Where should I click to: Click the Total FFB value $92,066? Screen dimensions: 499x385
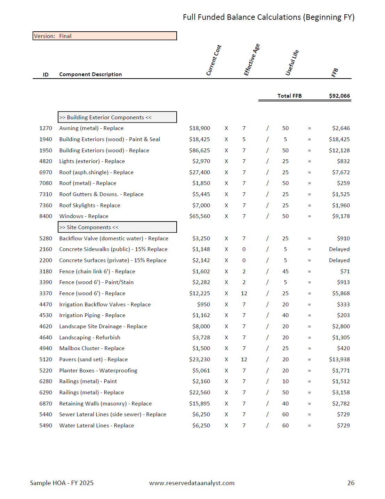(339, 96)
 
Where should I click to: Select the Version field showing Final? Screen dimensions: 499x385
(104, 36)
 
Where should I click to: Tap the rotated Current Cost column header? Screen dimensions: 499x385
(214, 60)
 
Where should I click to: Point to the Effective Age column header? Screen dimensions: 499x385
(251, 59)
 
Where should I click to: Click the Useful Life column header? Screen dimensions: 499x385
(292, 63)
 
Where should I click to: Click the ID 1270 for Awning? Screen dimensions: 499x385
(46, 128)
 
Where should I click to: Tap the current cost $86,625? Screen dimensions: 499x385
(199, 150)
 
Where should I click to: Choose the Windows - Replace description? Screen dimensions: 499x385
(84, 216)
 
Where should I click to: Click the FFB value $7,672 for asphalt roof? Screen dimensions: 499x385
(340, 172)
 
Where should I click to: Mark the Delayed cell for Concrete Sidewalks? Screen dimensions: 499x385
(339, 249)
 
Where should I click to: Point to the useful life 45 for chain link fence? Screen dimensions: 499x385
(285, 272)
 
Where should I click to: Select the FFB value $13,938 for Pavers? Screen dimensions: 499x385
(339, 360)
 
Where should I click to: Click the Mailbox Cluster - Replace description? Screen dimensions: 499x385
(92, 348)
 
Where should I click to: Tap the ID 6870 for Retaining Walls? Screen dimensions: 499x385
(46, 404)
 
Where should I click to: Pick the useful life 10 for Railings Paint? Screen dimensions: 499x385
(285, 381)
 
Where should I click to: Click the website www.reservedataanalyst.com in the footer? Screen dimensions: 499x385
(192, 483)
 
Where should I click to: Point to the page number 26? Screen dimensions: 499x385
(351, 483)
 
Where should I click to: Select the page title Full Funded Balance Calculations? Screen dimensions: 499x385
(268, 17)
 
